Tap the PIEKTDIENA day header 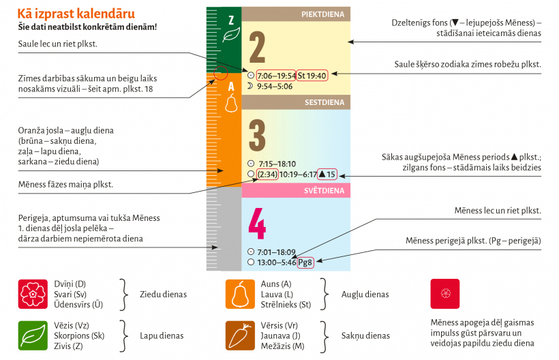coord(322,14)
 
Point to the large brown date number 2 coord(257,46)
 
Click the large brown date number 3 coord(257,136)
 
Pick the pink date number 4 coord(257,223)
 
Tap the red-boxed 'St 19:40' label coord(312,76)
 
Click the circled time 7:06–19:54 coord(276,76)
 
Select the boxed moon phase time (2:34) coord(267,175)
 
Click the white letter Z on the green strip coord(231,19)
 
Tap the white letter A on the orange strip coord(231,86)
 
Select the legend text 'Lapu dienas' coord(162,335)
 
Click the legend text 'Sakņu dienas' coord(366,335)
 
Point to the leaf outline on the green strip coord(232,35)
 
